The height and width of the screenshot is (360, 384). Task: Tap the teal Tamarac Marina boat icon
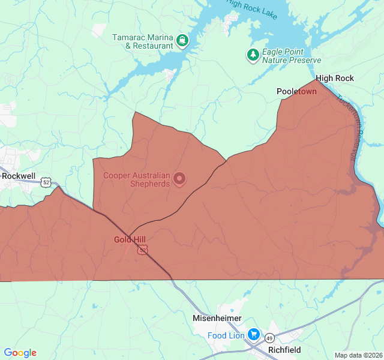click(182, 41)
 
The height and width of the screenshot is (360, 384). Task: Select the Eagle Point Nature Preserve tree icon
click(253, 56)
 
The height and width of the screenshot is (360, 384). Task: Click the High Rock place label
click(335, 78)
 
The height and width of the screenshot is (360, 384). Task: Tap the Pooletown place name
click(296, 91)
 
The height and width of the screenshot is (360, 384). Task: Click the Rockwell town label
click(19, 176)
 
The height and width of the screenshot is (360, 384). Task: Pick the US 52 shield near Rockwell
click(47, 182)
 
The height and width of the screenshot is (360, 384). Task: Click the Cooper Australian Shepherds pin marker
click(179, 178)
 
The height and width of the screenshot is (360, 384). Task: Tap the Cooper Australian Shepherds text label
click(137, 179)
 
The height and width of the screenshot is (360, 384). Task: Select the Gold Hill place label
click(130, 239)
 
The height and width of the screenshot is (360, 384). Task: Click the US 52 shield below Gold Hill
click(142, 250)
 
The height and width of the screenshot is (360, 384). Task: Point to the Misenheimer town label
click(217, 318)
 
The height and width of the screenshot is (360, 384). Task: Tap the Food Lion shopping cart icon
click(254, 334)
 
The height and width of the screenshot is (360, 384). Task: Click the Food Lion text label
click(226, 335)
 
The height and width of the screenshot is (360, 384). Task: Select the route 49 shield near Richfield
click(270, 340)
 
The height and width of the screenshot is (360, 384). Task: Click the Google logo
click(20, 353)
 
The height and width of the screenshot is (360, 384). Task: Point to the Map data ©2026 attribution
click(358, 355)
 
